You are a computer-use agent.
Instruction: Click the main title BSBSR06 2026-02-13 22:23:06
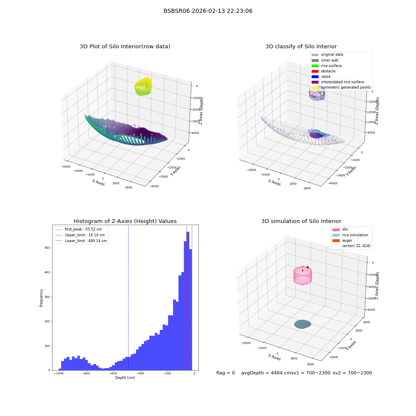pos(208,11)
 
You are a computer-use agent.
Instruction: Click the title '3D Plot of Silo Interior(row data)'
pos(125,47)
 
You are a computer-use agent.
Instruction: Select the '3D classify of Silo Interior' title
pos(301,47)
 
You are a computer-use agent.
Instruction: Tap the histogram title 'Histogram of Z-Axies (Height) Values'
pos(125,221)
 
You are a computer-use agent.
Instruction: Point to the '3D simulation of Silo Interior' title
pos(301,221)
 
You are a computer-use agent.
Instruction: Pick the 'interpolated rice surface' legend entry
pos(338,82)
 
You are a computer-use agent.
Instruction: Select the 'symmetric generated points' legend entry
pos(341,87)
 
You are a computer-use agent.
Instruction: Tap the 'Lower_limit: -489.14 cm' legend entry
pos(81,241)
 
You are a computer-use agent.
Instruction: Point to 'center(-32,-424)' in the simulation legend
pos(357,246)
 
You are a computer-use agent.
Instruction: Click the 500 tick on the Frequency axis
pos(47,248)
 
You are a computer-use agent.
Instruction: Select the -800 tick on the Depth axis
pos(86,373)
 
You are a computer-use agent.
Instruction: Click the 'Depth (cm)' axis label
pos(125,378)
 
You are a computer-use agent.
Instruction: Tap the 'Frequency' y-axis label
pos(41,298)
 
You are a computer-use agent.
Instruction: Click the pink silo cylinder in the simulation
pos(302,275)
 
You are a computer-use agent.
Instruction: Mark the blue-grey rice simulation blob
pos(302,324)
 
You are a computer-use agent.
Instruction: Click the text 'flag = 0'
pos(225,373)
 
